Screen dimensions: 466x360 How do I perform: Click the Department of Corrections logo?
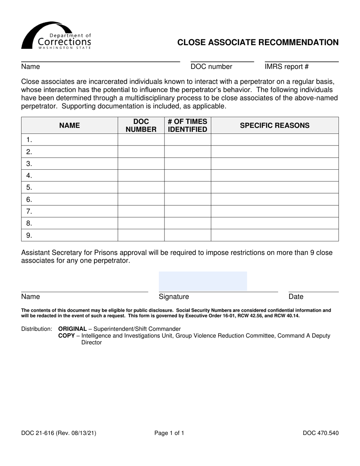point(56,36)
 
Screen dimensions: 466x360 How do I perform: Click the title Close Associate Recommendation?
point(258,42)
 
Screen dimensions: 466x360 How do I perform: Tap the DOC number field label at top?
point(211,67)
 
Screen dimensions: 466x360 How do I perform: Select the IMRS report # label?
point(286,67)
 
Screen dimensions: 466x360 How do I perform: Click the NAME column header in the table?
point(69,125)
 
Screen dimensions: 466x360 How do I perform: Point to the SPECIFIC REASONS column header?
point(274,125)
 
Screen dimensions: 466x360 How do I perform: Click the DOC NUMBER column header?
point(141,125)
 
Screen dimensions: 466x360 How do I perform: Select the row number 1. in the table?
point(29,140)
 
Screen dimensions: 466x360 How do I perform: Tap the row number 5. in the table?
point(29,188)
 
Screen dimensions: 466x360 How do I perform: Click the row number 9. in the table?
point(29,235)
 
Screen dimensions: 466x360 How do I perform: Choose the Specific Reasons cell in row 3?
point(274,164)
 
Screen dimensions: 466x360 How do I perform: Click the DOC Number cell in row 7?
point(141,211)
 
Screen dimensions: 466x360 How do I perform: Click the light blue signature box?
point(203,281)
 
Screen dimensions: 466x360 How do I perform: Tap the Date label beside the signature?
point(296,297)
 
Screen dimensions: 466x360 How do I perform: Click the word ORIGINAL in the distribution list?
point(72,329)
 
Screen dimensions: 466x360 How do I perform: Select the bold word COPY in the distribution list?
point(66,336)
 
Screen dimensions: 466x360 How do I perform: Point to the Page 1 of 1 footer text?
point(169,433)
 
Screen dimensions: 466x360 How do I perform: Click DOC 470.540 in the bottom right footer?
point(321,433)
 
